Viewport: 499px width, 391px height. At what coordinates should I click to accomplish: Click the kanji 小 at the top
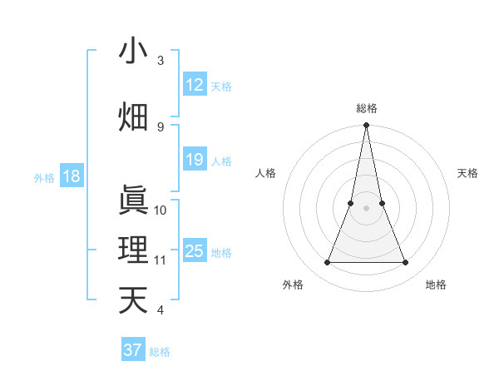tap(133, 52)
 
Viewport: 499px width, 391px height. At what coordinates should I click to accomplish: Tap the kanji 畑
tap(133, 116)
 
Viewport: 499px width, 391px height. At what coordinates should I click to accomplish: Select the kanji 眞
tap(133, 200)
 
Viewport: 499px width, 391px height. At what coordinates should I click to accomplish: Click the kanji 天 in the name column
tap(133, 299)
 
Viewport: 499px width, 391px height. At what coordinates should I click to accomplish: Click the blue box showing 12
tap(195, 85)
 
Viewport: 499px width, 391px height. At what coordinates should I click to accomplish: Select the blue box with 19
tap(195, 161)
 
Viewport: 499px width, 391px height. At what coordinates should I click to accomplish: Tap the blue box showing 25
tap(195, 251)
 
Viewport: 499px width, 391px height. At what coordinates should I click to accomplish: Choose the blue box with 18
tap(71, 176)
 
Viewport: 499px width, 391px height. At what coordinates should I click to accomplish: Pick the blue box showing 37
tap(133, 350)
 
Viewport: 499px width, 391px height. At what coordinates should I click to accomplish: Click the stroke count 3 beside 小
tap(161, 61)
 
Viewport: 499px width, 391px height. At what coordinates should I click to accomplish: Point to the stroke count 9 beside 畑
tap(161, 126)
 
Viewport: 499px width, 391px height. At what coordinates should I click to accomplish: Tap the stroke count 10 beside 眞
tap(161, 210)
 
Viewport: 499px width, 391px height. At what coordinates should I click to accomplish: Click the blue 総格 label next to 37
tap(160, 352)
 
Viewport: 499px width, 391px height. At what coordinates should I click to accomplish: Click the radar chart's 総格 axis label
tap(367, 108)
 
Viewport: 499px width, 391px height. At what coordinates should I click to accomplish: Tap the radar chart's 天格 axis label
tap(468, 173)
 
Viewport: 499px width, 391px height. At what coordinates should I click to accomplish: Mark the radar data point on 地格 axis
tap(406, 263)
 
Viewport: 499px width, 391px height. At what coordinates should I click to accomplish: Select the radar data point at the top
tap(367, 126)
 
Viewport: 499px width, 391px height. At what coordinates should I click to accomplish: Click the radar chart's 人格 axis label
tap(265, 173)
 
